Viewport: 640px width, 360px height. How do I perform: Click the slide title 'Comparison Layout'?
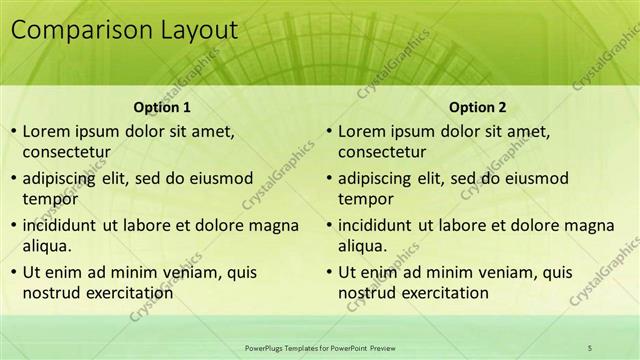pos(124,31)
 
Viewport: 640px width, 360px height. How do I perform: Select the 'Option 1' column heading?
pos(161,107)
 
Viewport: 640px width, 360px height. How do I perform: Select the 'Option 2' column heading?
pos(477,107)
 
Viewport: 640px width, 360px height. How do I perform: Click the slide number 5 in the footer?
pos(591,347)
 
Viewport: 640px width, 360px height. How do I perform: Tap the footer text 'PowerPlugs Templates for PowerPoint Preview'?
pos(320,347)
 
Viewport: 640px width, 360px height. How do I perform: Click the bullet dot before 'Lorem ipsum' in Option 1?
pos(12,131)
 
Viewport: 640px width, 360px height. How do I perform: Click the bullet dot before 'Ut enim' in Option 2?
pos(328,272)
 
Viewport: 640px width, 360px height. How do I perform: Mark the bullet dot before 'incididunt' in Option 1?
pos(12,225)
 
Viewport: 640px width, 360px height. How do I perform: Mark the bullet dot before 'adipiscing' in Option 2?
pos(328,179)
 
